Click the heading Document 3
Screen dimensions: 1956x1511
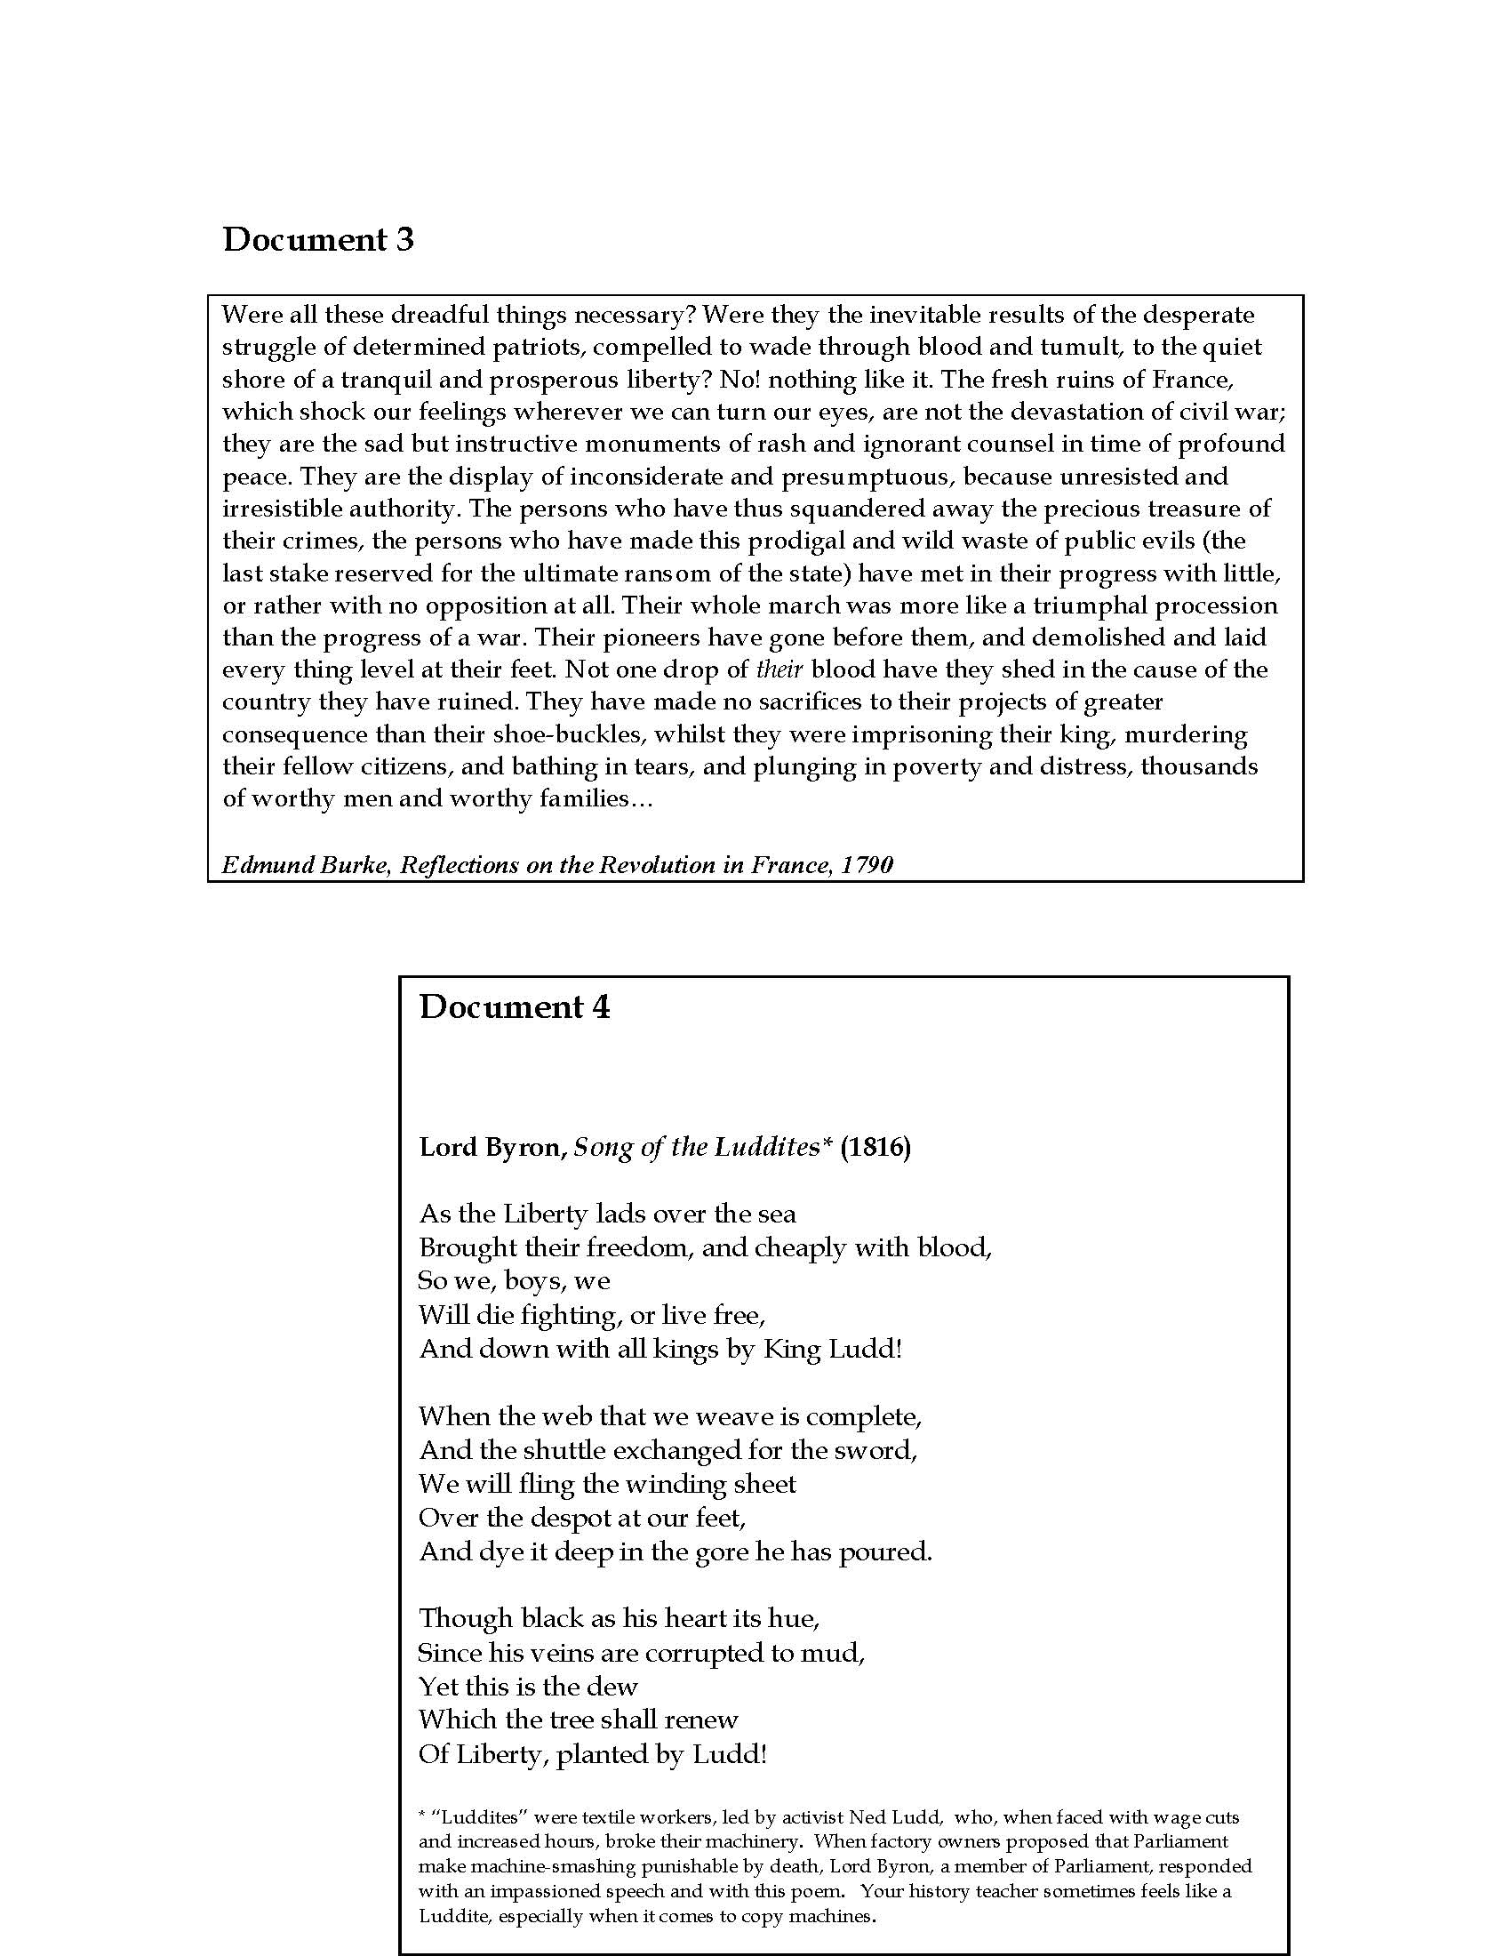[318, 240]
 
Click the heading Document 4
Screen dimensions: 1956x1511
[514, 1007]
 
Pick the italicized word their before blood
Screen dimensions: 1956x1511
[779, 670]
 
